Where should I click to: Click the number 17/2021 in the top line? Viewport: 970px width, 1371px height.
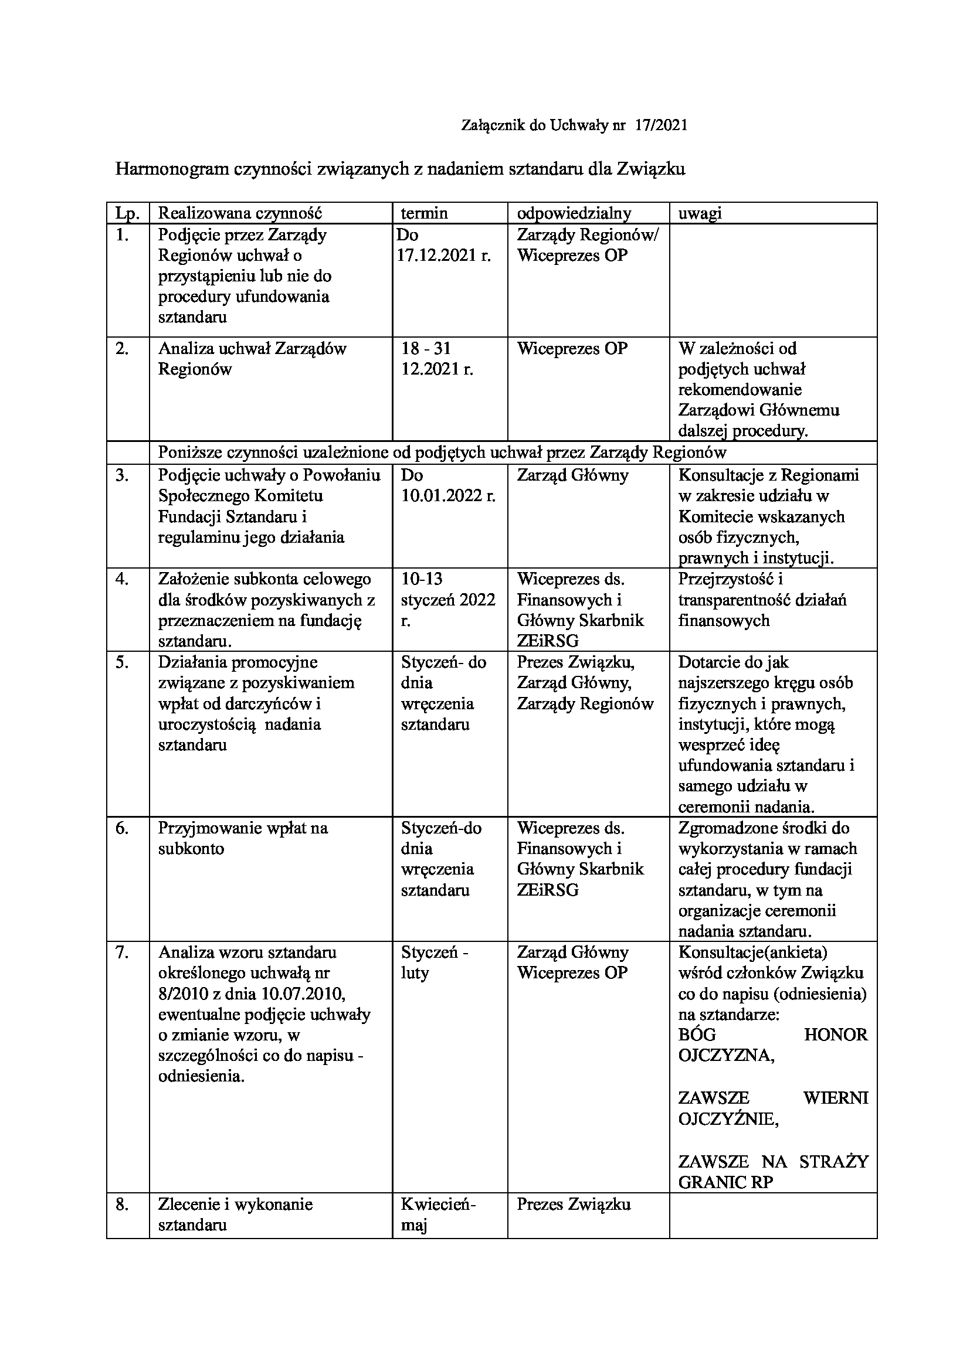point(662,125)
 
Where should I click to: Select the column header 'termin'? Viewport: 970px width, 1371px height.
point(424,213)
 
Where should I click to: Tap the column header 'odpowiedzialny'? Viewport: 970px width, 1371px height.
point(574,213)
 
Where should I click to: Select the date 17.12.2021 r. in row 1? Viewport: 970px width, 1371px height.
point(444,256)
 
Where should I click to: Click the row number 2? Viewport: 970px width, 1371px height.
point(123,349)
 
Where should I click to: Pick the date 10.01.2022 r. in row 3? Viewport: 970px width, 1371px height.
point(449,496)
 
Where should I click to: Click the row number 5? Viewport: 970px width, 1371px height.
point(123,662)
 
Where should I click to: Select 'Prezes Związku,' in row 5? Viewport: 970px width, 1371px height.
point(576,662)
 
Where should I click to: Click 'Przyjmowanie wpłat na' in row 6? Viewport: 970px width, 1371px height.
point(243,828)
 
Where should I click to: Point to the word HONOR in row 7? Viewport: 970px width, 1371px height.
point(836,1035)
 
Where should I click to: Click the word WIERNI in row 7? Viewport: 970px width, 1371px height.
point(836,1097)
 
